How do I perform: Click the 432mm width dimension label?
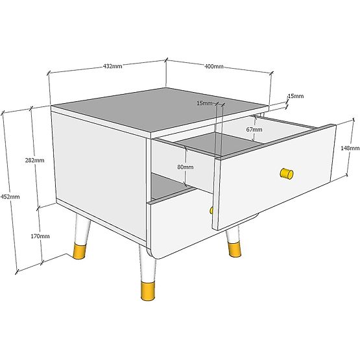pos(112,66)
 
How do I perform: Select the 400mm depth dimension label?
pos(214,66)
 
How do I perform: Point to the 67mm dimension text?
pos(254,130)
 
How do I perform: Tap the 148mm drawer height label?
pos(350,148)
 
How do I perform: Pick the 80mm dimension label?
pos(185,167)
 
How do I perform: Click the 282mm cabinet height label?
pos(34,160)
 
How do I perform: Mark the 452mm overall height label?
pos(10,197)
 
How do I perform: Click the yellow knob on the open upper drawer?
pos(286,173)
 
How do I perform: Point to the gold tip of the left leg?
pos(81,250)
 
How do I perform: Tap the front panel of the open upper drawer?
pos(276,175)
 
